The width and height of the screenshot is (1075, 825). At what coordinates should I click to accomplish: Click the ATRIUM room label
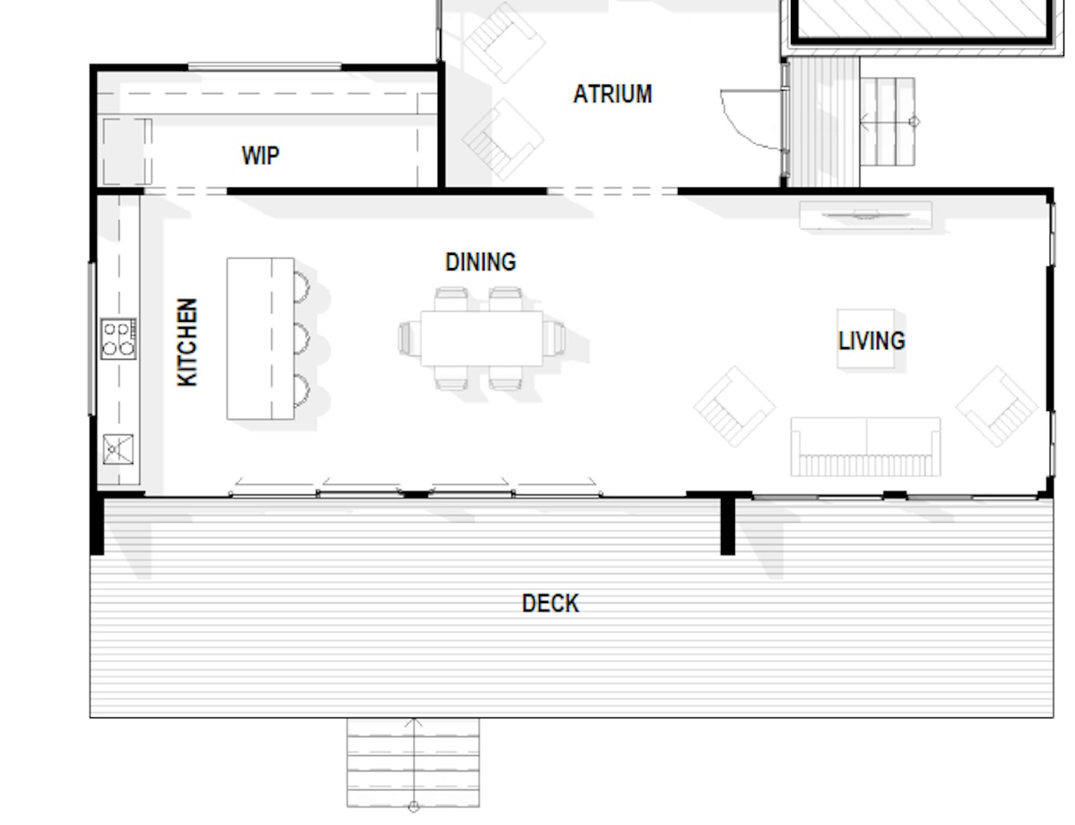tap(613, 94)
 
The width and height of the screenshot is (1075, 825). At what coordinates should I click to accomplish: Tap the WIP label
tap(260, 156)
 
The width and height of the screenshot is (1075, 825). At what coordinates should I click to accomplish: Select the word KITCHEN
tap(187, 342)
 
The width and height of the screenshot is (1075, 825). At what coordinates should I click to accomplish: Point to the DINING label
tap(481, 262)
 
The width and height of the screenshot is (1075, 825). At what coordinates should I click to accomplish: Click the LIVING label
tap(872, 340)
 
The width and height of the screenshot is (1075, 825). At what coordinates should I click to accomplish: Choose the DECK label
tap(550, 603)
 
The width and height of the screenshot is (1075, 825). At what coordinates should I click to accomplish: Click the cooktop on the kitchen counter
tap(118, 339)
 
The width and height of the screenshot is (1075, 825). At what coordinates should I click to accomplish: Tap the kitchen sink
tap(118, 449)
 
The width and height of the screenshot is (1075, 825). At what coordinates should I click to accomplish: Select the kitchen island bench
tap(260, 339)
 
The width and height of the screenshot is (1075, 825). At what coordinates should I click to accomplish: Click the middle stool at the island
tap(302, 339)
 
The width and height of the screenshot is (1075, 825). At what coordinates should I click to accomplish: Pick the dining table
tap(481, 339)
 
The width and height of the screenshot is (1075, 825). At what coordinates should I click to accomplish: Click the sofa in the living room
tap(865, 447)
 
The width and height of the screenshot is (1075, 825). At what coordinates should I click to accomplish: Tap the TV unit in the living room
tap(865, 215)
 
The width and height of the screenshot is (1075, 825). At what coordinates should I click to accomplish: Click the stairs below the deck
tap(413, 763)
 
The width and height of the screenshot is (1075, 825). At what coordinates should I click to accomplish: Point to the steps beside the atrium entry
tap(888, 121)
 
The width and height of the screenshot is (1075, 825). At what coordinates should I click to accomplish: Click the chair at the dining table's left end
tap(409, 339)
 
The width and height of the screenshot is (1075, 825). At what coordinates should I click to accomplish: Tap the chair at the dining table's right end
tap(554, 339)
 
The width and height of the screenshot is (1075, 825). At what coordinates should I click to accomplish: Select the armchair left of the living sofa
tap(734, 406)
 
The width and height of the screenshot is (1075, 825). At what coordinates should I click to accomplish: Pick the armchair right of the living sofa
tap(997, 406)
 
